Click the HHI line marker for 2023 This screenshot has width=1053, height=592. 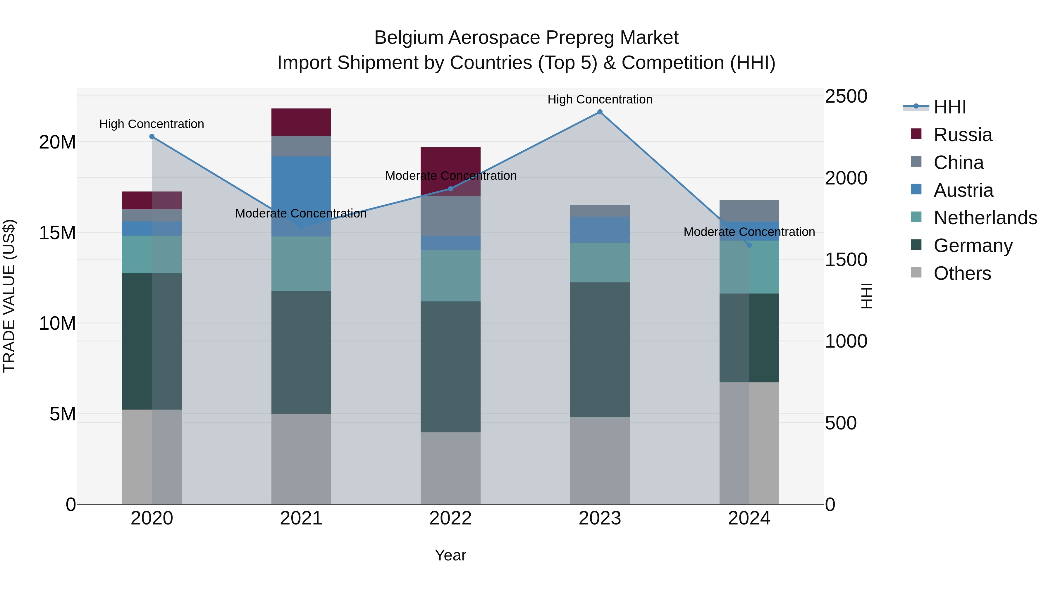(600, 112)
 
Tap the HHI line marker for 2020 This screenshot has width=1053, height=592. (152, 137)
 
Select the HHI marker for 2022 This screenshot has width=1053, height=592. (450, 189)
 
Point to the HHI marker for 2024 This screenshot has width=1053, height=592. (749, 245)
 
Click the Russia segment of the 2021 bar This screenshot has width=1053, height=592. (301, 122)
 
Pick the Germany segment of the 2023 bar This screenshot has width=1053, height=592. (600, 349)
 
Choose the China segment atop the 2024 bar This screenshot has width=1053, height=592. (749, 211)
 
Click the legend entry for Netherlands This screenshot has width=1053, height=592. (985, 218)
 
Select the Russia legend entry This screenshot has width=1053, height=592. (963, 135)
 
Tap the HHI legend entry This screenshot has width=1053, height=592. (949, 107)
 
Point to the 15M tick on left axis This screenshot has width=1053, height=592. (57, 233)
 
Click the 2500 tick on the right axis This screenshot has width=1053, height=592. (846, 96)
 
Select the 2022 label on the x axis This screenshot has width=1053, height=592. (450, 518)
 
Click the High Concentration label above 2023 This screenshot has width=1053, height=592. (600, 99)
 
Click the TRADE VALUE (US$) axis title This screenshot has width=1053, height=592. (9, 296)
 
